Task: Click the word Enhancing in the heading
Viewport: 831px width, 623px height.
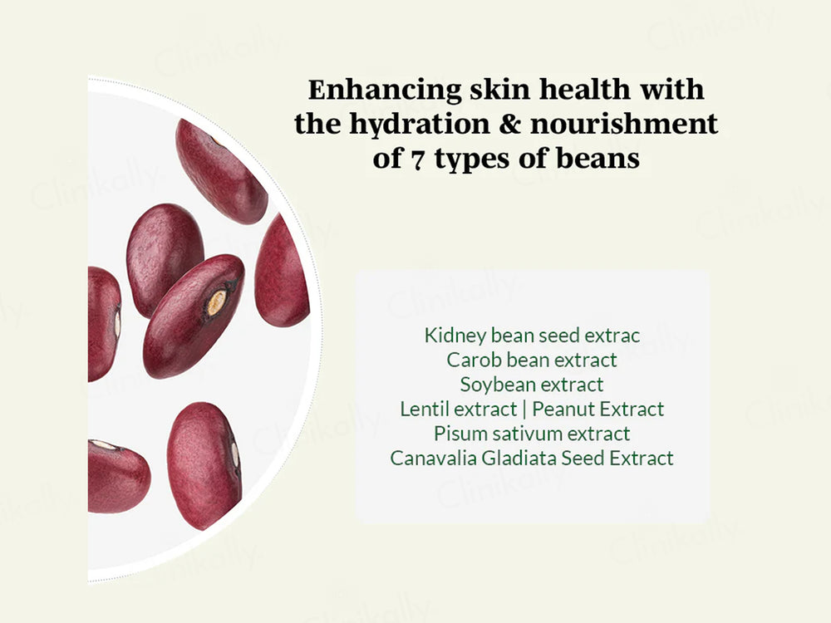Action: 384,90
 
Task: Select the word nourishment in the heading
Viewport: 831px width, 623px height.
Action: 624,124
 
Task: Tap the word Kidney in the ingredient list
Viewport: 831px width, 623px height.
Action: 455,336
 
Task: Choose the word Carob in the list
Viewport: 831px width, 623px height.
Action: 475,360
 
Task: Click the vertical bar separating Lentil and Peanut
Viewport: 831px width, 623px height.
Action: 524,410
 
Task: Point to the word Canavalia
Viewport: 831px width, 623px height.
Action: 434,459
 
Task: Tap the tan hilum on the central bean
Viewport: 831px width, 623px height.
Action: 215,303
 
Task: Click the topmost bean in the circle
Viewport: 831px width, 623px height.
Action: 221,170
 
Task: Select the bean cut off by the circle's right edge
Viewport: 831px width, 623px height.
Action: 282,270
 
